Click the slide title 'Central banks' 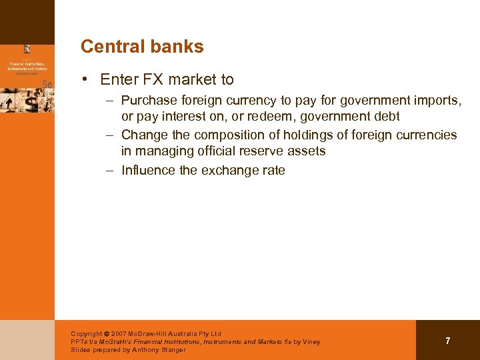(x=142, y=47)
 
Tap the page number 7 (x=447, y=341)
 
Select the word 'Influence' (x=148, y=170)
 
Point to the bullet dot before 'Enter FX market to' (x=87, y=80)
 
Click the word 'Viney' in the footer (x=310, y=341)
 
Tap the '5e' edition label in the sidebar (x=47, y=84)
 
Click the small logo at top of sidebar (x=27, y=49)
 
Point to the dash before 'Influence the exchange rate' (x=112, y=170)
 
